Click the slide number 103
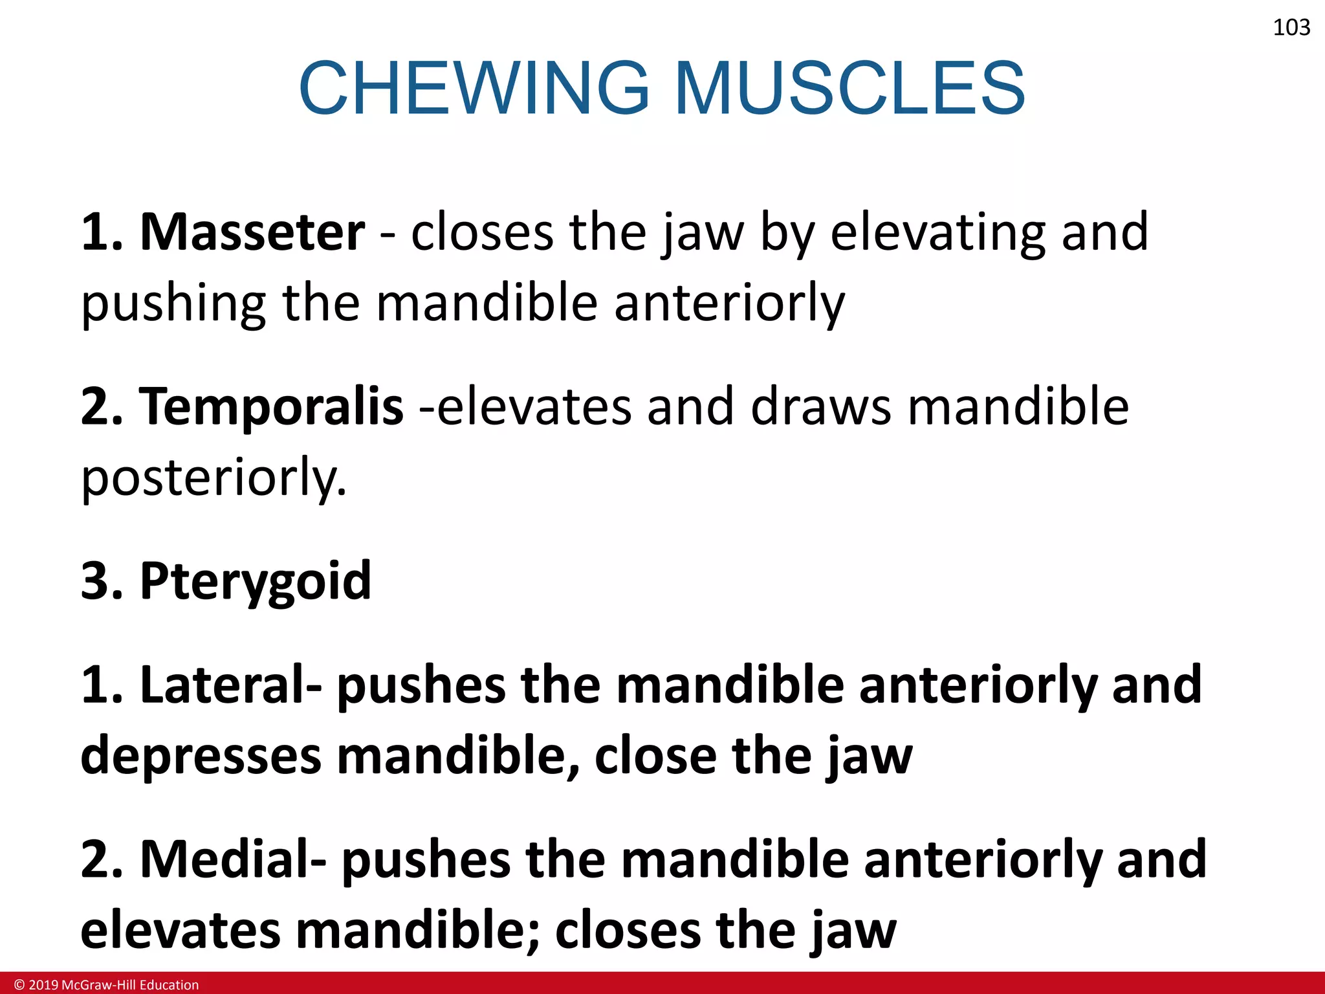pyautogui.click(x=1291, y=27)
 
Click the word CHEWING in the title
pyautogui.click(x=474, y=88)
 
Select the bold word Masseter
pyautogui.click(x=252, y=232)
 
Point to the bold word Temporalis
pyautogui.click(x=271, y=406)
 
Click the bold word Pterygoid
pyautogui.click(x=256, y=581)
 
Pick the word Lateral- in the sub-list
pyautogui.click(x=230, y=685)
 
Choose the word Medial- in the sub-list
pyautogui.click(x=233, y=859)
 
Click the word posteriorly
pyautogui.click(x=214, y=479)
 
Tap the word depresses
pyautogui.click(x=201, y=757)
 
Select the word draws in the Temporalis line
pyautogui.click(x=821, y=406)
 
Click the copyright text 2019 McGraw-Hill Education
pyautogui.click(x=107, y=985)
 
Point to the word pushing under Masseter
pyautogui.click(x=173, y=304)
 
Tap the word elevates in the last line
pyautogui.click(x=180, y=931)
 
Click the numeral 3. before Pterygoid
pyautogui.click(x=102, y=581)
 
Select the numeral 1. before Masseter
pyautogui.click(x=102, y=232)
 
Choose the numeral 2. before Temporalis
pyautogui.click(x=102, y=406)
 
